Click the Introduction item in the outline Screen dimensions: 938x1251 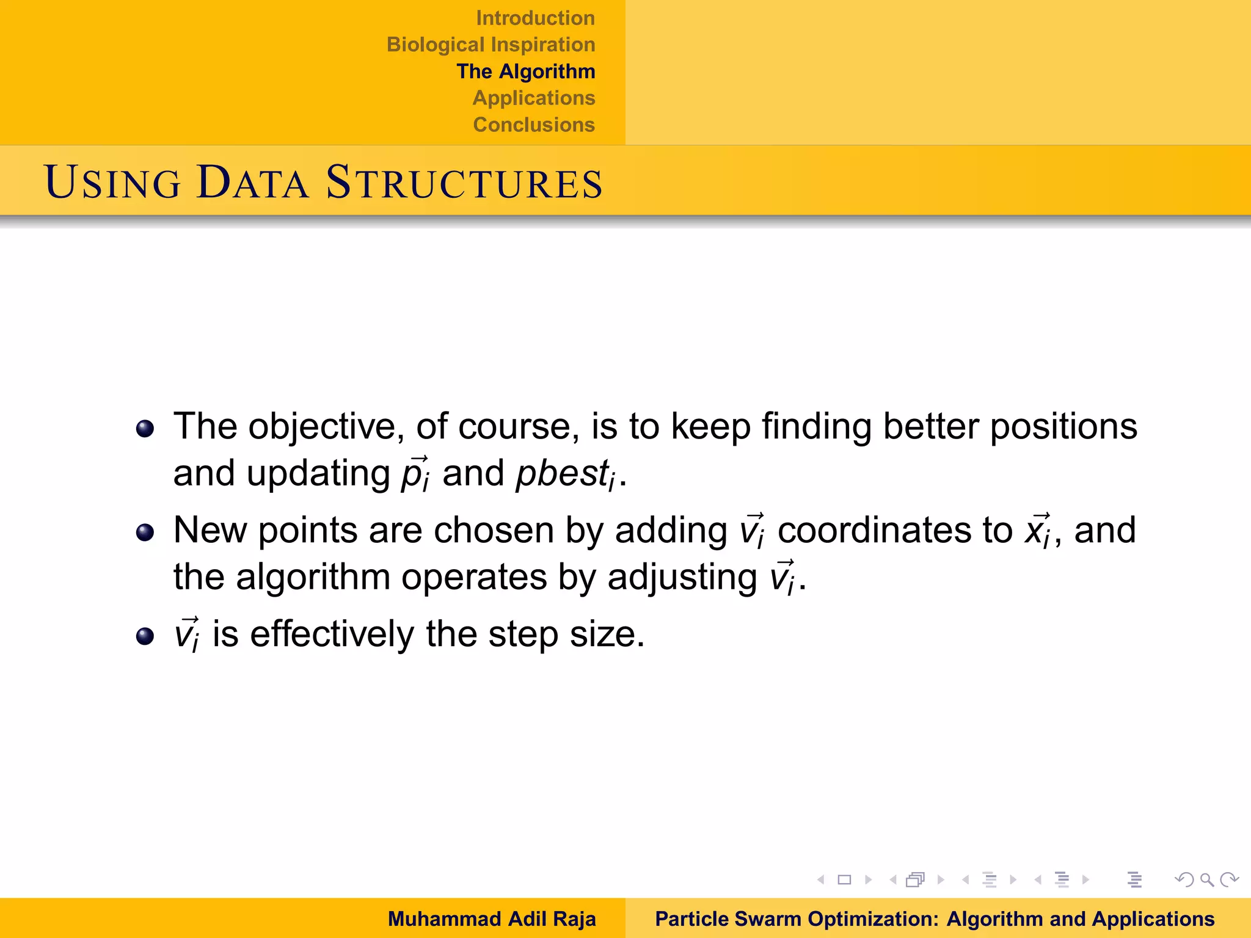click(x=535, y=18)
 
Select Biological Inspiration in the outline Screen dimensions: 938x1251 click(x=491, y=45)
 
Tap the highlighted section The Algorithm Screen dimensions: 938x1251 click(x=525, y=71)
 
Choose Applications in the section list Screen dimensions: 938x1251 click(x=533, y=98)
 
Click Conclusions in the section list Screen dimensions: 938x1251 click(x=533, y=125)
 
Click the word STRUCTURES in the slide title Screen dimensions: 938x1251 click(x=464, y=183)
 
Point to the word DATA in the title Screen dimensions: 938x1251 click(x=252, y=183)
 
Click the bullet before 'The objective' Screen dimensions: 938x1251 click(x=145, y=429)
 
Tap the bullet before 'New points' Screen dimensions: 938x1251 click(x=145, y=533)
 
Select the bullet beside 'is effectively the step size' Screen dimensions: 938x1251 click(x=145, y=636)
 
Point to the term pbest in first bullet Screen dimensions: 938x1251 click(x=562, y=474)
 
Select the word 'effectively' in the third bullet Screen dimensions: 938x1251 click(x=332, y=634)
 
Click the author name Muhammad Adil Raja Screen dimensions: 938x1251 click(x=491, y=918)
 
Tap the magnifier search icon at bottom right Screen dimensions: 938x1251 click(x=1206, y=880)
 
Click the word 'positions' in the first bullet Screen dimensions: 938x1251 click(x=1063, y=426)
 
